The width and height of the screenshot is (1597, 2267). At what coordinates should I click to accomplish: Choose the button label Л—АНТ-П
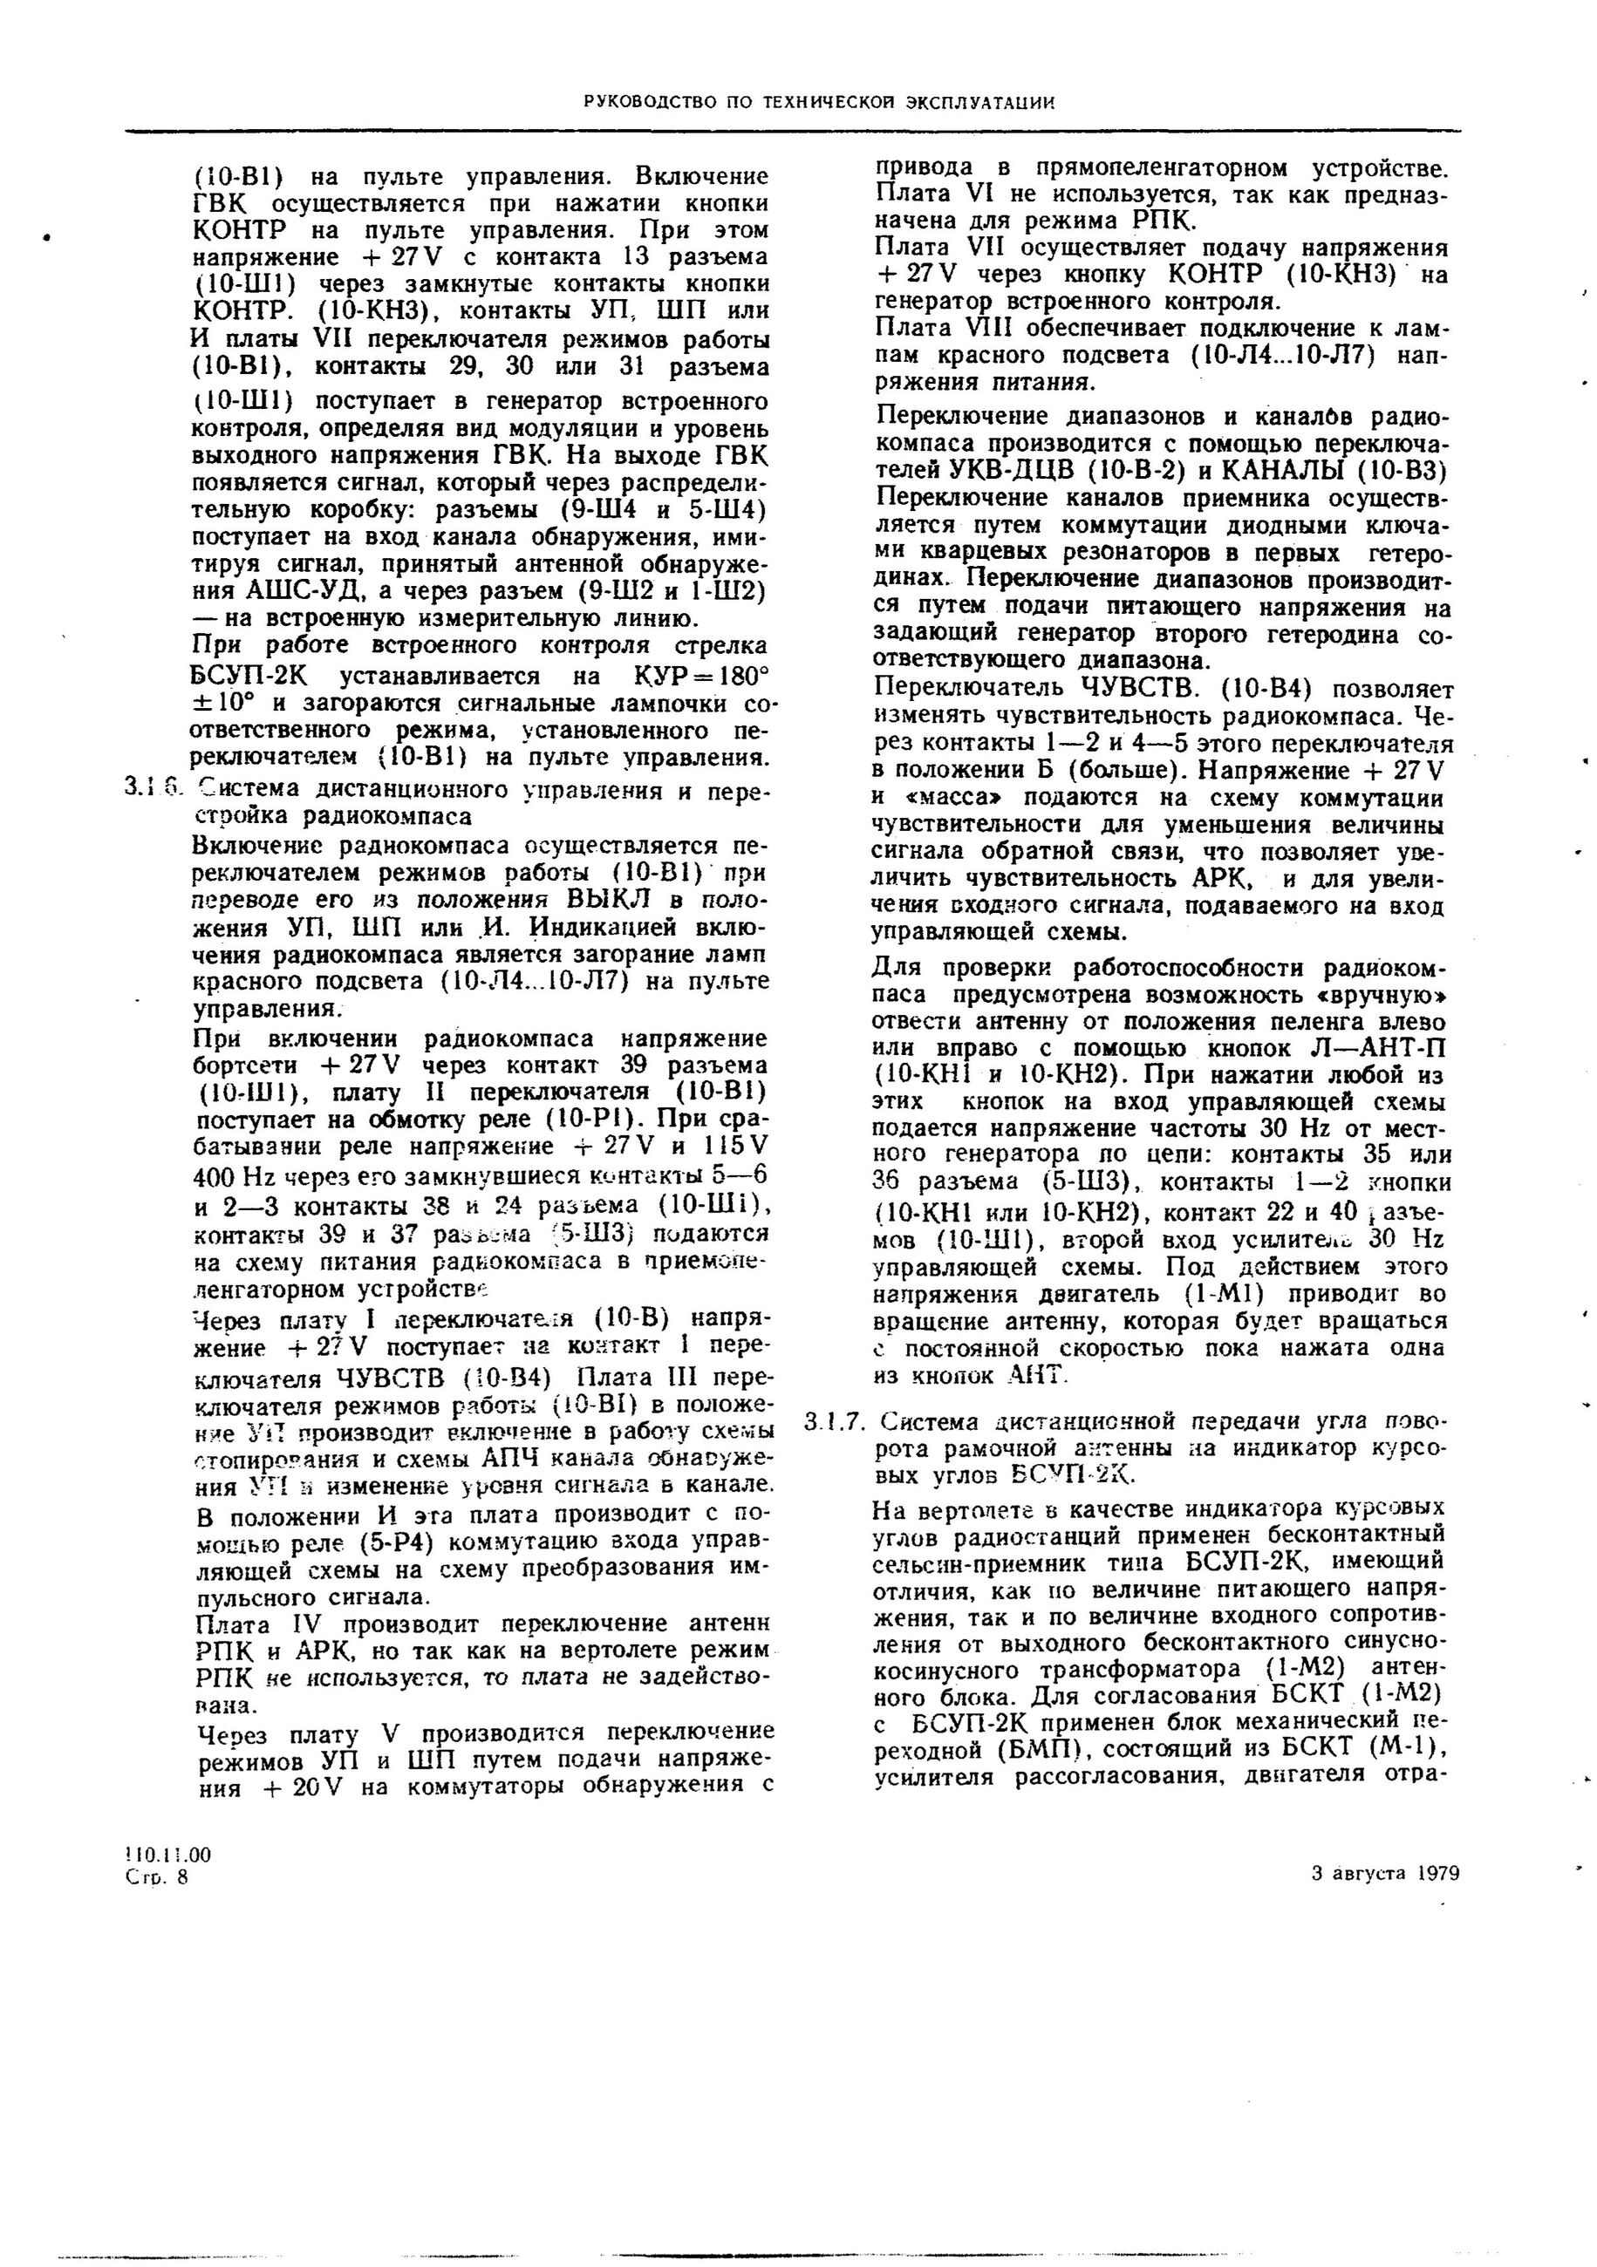coord(1390,1046)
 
